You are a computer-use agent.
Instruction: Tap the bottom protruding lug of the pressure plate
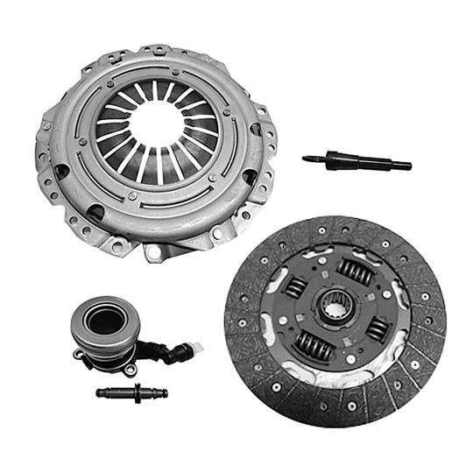(x=154, y=251)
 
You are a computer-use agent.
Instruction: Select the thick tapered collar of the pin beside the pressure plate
(x=337, y=159)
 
